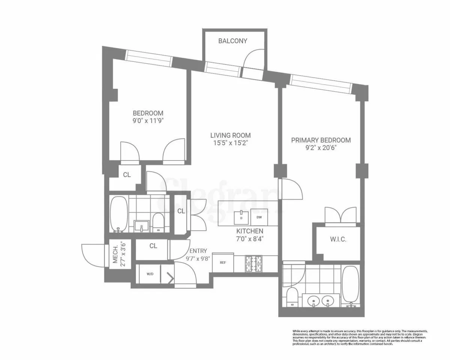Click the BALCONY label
233,41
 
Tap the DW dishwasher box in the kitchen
259,217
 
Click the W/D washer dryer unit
150,274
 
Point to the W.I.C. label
338,239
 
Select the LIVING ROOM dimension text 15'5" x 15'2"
230,143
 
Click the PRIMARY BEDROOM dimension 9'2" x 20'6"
321,148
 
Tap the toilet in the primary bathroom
292,297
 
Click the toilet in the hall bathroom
158,222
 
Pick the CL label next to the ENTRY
153,246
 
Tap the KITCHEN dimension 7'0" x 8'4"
249,238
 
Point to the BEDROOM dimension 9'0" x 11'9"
148,121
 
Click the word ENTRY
198,251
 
